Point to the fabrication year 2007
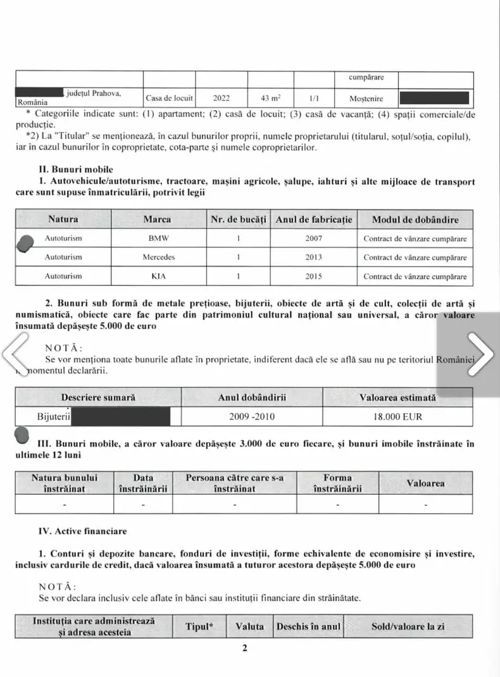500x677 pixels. click(313, 239)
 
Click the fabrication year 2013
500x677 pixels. click(313, 258)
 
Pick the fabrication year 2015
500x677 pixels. click(313, 276)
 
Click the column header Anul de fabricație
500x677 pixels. click(313, 220)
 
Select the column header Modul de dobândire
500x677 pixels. click(415, 220)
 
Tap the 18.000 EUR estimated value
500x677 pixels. click(397, 417)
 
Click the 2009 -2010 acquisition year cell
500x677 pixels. click(251, 417)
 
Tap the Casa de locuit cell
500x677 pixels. click(169, 99)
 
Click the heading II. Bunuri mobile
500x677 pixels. click(75, 169)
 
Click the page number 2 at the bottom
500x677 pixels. click(244, 647)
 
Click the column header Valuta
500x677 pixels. click(249, 626)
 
